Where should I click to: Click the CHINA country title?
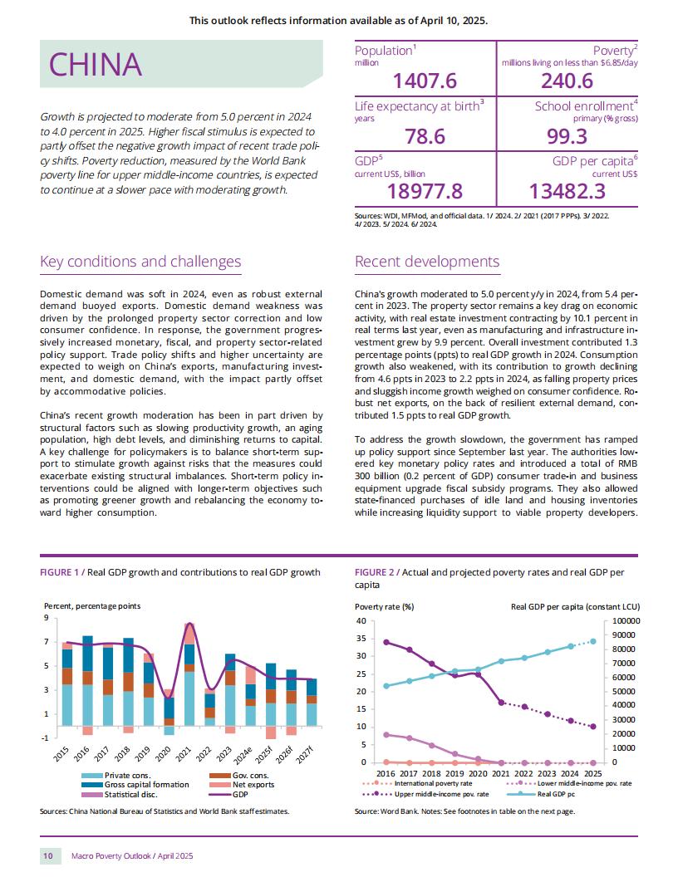tap(95, 64)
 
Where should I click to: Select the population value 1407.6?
tap(425, 81)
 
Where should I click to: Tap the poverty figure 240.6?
tap(567, 81)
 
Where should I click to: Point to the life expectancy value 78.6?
tap(425, 136)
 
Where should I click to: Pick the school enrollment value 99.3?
tap(567, 136)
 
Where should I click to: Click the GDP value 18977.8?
tap(425, 191)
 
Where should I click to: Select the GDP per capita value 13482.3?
tap(567, 191)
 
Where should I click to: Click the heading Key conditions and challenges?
tap(140, 262)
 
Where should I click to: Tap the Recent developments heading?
tap(427, 262)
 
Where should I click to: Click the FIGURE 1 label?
tap(60, 572)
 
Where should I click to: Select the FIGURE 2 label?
tap(375, 572)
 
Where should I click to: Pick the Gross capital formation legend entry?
tap(135, 785)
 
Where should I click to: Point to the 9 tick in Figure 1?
tap(47, 618)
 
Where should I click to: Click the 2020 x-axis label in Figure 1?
tap(163, 755)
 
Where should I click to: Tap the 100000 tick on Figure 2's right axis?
tap(626, 621)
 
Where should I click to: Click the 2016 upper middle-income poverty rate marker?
tap(386, 642)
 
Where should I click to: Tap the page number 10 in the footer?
tap(48, 855)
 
